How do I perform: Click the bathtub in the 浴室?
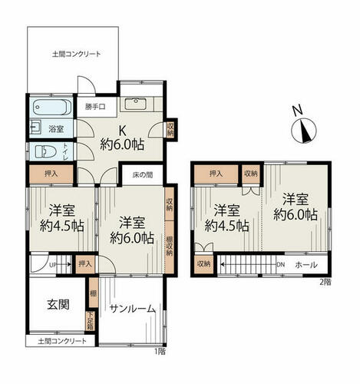(52, 107)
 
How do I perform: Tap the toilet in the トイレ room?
(45, 151)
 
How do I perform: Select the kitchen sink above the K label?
(136, 104)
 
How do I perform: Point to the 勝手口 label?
(95, 107)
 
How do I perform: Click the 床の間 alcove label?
(143, 175)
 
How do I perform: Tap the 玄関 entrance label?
(58, 305)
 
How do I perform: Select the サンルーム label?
(133, 309)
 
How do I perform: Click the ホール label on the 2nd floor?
(306, 265)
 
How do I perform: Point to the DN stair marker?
(281, 264)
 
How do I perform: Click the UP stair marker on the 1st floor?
(52, 265)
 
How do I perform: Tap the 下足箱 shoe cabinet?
(91, 321)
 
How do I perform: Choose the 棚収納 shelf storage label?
(169, 247)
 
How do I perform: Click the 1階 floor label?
(160, 352)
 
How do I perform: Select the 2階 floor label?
(325, 282)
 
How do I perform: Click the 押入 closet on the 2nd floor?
(216, 174)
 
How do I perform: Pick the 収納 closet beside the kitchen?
(170, 129)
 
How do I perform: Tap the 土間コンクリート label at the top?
(76, 54)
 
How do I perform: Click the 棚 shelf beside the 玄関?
(94, 293)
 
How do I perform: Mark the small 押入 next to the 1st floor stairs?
(85, 263)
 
